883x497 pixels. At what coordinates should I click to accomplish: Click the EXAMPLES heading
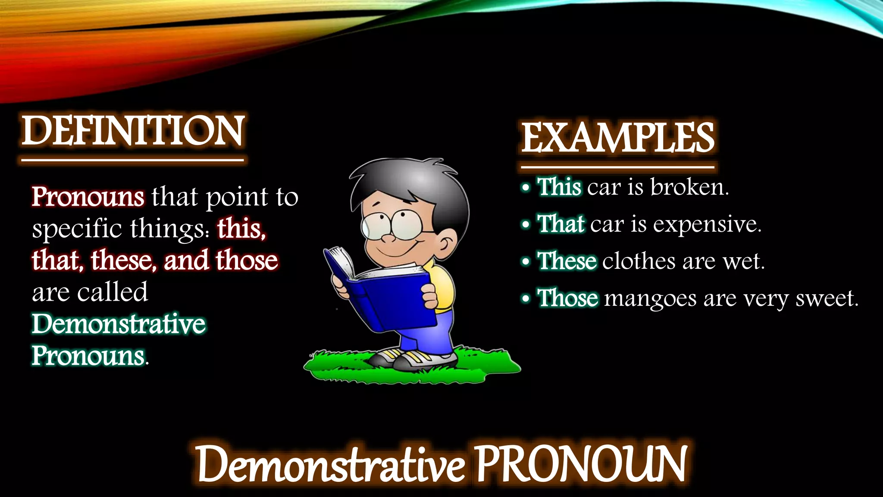click(617, 138)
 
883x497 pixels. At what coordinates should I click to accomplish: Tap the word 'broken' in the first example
click(689, 187)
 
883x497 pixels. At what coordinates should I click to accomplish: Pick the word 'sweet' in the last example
click(826, 299)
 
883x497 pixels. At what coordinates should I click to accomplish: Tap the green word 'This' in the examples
click(559, 187)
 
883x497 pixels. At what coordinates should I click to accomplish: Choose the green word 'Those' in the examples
click(567, 299)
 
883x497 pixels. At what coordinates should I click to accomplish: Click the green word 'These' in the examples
click(567, 261)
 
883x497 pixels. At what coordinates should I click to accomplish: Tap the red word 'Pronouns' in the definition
click(88, 197)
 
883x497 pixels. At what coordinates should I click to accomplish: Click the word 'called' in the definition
click(113, 293)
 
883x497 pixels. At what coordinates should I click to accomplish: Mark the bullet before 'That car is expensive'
click(525, 225)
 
